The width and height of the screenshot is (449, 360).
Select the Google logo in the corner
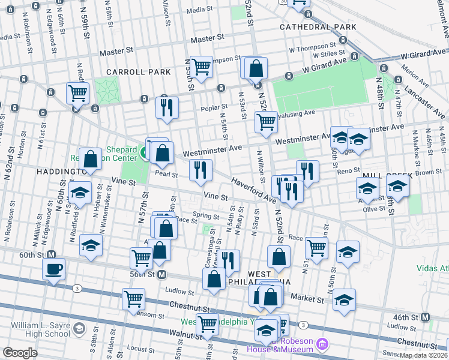pos(20,353)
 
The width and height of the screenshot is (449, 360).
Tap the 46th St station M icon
pos(425,317)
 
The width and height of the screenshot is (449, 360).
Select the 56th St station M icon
pos(161,275)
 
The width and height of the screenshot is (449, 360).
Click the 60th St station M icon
pos(52,254)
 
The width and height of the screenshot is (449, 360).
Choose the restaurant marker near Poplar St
pos(166,107)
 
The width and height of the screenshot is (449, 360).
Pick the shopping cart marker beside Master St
pos(201,68)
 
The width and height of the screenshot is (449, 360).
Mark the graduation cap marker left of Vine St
pos(80,193)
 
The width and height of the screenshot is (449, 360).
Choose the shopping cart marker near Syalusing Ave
pos(266,122)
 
